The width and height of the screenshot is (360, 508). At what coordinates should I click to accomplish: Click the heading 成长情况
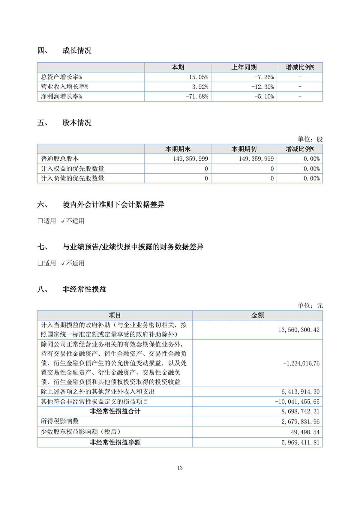77,51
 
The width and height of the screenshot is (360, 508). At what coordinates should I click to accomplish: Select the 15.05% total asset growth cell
198,77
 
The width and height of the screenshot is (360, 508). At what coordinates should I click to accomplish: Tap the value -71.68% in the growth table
197,97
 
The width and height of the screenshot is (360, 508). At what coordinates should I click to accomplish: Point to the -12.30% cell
262,87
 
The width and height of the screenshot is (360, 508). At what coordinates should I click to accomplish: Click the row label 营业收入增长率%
64,87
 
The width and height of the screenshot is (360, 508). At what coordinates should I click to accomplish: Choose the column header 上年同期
244,67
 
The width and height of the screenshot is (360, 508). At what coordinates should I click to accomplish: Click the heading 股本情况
77,123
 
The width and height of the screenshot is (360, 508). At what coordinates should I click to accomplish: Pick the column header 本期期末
178,149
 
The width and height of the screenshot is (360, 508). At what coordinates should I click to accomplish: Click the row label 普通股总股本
60,159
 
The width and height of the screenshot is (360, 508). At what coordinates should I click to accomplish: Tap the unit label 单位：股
310,139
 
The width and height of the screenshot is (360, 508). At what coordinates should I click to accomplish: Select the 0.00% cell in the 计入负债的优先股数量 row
311,178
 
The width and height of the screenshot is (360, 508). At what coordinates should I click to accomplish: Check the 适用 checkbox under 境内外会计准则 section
40,221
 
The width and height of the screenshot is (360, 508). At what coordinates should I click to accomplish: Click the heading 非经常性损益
84,290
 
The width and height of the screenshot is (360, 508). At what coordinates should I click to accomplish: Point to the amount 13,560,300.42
299,330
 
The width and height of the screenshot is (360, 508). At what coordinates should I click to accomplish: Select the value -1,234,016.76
301,363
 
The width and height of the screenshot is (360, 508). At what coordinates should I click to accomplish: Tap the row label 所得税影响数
60,421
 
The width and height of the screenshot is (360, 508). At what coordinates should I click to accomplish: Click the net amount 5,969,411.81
300,442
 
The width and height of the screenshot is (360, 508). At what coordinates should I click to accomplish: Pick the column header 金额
257,315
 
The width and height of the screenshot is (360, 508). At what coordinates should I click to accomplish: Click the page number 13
180,468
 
